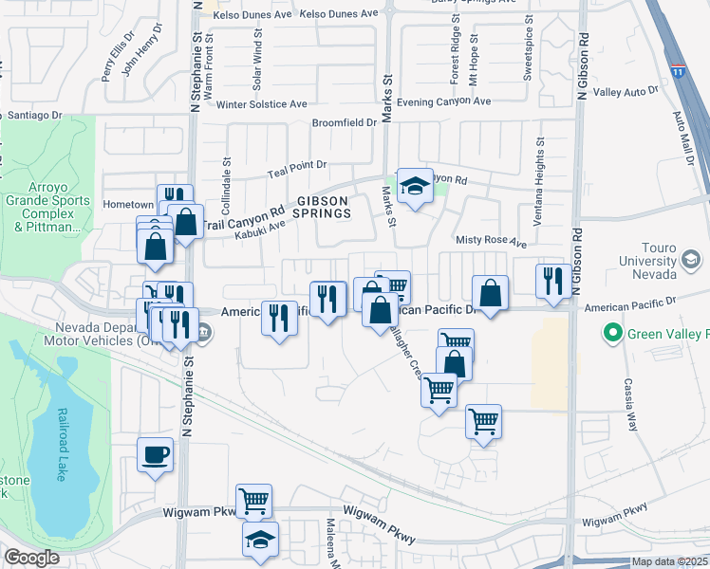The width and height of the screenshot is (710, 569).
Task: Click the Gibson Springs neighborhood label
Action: [x=324, y=207]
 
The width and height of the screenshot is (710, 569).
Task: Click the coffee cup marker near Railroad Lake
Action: [x=155, y=455]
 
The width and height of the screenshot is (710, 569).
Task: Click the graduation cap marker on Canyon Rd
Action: [x=415, y=186]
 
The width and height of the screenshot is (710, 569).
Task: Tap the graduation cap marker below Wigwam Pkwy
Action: [x=259, y=540]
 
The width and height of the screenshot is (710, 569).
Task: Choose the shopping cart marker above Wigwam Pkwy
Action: [x=253, y=501]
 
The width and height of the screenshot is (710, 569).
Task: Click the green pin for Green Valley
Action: [x=612, y=333]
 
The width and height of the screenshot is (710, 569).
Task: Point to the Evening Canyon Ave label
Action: [x=443, y=101]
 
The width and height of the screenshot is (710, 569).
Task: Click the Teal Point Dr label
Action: [x=296, y=165]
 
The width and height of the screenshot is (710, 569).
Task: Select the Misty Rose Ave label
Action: [x=491, y=242]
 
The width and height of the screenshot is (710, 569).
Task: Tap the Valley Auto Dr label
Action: [x=626, y=91]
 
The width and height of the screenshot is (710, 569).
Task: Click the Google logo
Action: [x=31, y=558]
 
